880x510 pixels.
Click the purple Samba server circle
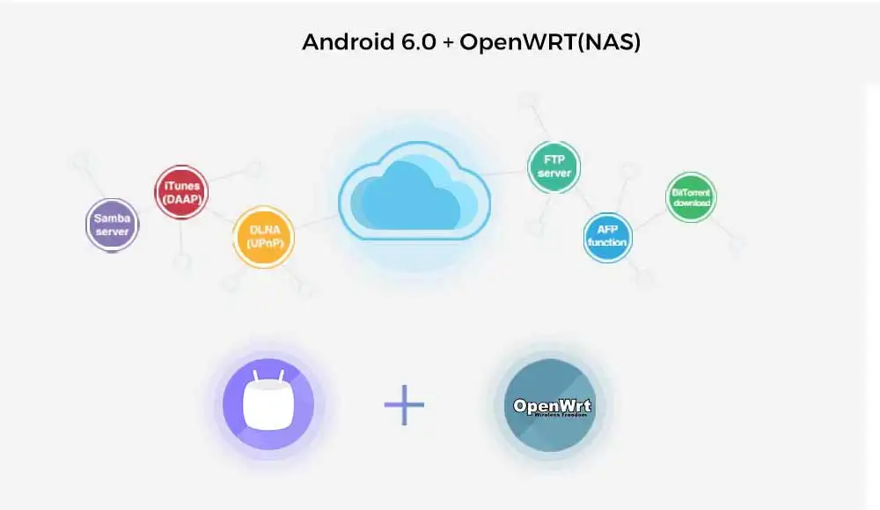[x=112, y=225]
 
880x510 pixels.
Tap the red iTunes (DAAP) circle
[x=181, y=192]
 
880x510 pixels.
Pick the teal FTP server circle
[x=554, y=166]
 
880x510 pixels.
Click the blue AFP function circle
[x=607, y=235]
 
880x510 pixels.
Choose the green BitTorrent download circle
[x=691, y=197]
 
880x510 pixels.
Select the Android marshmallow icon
[x=269, y=404]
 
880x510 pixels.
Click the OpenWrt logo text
[x=553, y=406]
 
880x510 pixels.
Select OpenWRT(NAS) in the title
[x=550, y=42]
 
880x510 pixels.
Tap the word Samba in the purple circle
[x=112, y=218]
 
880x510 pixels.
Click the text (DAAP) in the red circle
[x=181, y=199]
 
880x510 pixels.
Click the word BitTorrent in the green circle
[x=691, y=191]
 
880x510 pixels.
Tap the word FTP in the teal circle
[x=554, y=160]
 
